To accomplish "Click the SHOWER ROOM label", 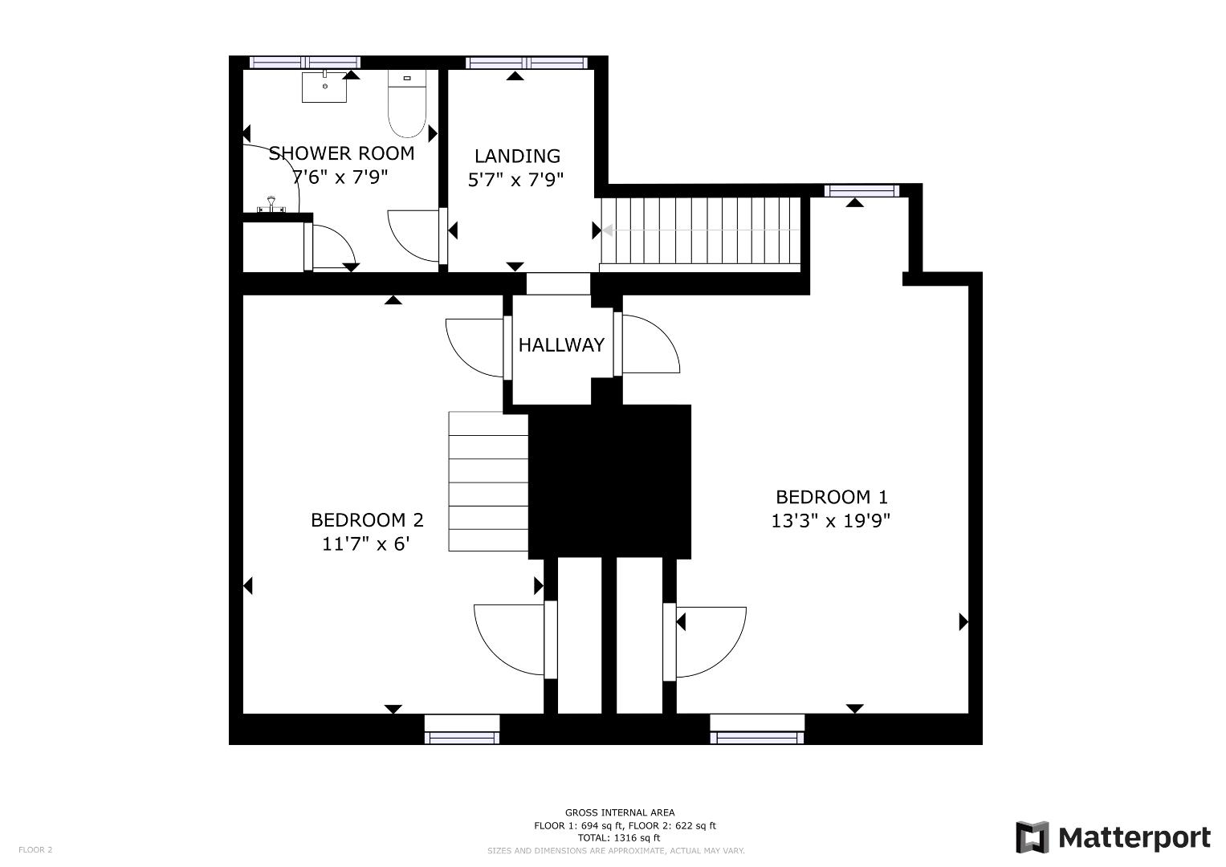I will (341, 153).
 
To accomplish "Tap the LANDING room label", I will (517, 156).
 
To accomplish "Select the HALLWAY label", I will (561, 345).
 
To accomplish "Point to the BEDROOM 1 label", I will (831, 497).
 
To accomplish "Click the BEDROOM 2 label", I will (367, 520).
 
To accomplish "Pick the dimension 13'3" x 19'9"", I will (831, 521).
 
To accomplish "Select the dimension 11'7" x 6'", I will (366, 544).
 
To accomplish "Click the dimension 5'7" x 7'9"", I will (516, 179).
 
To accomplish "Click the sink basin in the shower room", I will (324, 87).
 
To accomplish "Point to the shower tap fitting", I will (271, 206).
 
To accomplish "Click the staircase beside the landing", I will (701, 230).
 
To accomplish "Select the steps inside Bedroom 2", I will (488, 482).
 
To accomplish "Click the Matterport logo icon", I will (1032, 837).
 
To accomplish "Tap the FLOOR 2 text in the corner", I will (35, 849).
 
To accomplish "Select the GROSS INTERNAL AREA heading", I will (619, 812).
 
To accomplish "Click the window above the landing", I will (527, 63).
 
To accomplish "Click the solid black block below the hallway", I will (609, 481).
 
